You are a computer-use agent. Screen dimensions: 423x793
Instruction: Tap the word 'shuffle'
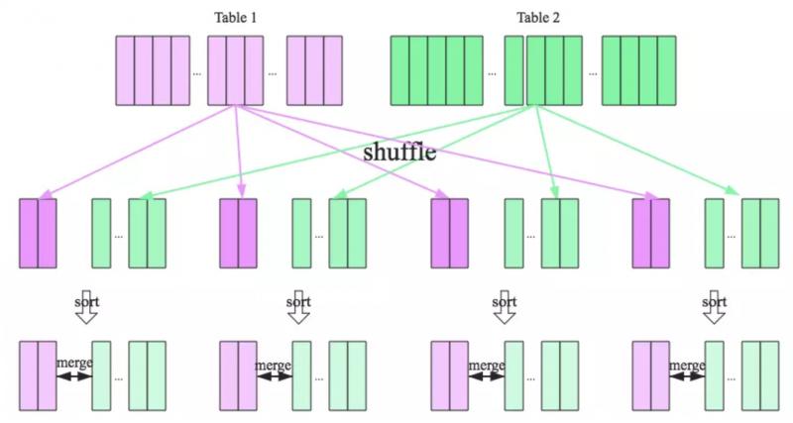(399, 154)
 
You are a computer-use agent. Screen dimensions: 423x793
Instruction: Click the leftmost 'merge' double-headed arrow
(74, 376)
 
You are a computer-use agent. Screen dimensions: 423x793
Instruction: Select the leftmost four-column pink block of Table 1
(153, 70)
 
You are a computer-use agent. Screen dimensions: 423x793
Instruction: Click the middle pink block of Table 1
(235, 70)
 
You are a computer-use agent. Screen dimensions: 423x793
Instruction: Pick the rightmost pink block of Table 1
(314, 70)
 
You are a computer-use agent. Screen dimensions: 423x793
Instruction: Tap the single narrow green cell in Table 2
(513, 70)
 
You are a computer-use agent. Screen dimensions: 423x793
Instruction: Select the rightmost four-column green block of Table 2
(639, 70)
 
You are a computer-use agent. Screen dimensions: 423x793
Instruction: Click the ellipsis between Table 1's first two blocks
(197, 72)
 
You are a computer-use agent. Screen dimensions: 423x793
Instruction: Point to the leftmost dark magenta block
(39, 234)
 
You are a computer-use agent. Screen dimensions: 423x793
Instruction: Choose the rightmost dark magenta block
(651, 234)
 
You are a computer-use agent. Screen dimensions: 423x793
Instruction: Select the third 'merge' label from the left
(487, 366)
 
